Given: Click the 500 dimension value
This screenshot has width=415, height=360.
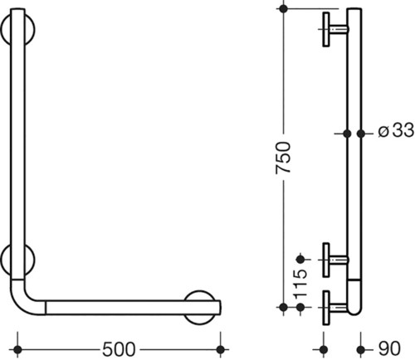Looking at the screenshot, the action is [119, 349].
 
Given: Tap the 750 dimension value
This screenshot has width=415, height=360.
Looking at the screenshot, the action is [283, 158].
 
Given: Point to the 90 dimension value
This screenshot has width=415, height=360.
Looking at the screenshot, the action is [389, 348].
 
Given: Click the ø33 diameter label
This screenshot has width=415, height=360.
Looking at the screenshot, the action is [396, 130].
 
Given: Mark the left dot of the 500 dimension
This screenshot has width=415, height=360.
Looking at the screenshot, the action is [17, 350].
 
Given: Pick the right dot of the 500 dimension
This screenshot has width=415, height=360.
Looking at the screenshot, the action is [220, 350].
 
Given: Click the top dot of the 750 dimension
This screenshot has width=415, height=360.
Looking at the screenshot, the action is [283, 9].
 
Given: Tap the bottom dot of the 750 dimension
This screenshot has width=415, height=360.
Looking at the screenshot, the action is [283, 307].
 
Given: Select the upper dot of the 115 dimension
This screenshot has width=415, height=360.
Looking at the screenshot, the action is [300, 260].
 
